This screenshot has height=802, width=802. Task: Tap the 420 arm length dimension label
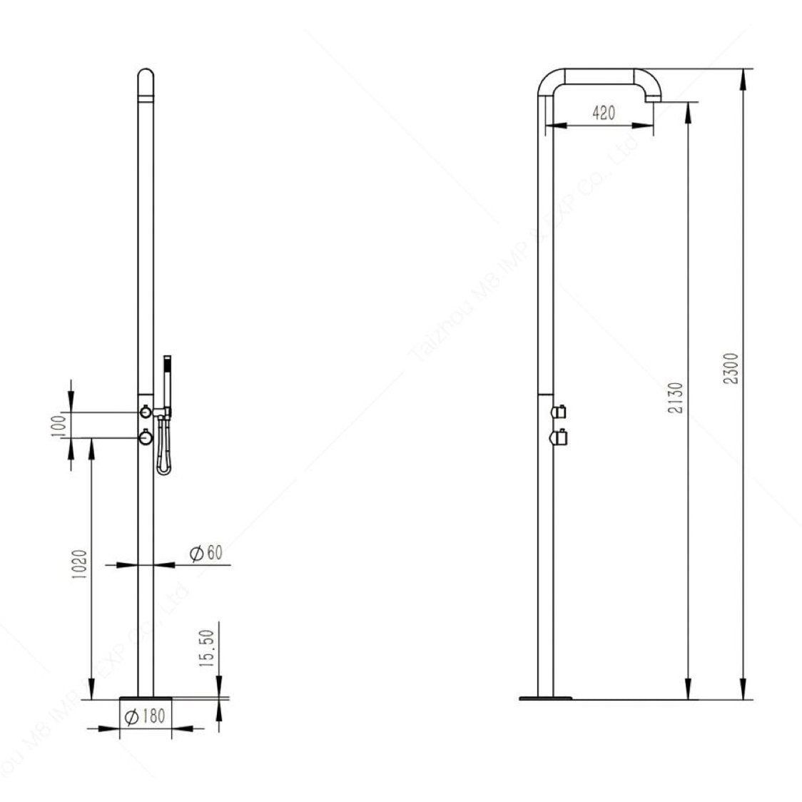[x=603, y=113]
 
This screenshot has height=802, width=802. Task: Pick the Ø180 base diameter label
[x=144, y=717]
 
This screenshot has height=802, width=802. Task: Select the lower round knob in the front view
[x=145, y=437]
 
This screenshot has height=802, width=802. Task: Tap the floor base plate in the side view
[x=546, y=696]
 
